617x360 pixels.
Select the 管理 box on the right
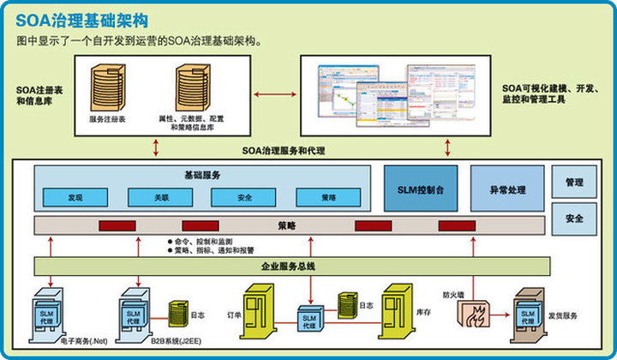573,183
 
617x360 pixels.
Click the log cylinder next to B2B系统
178,312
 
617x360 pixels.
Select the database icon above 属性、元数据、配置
190,85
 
